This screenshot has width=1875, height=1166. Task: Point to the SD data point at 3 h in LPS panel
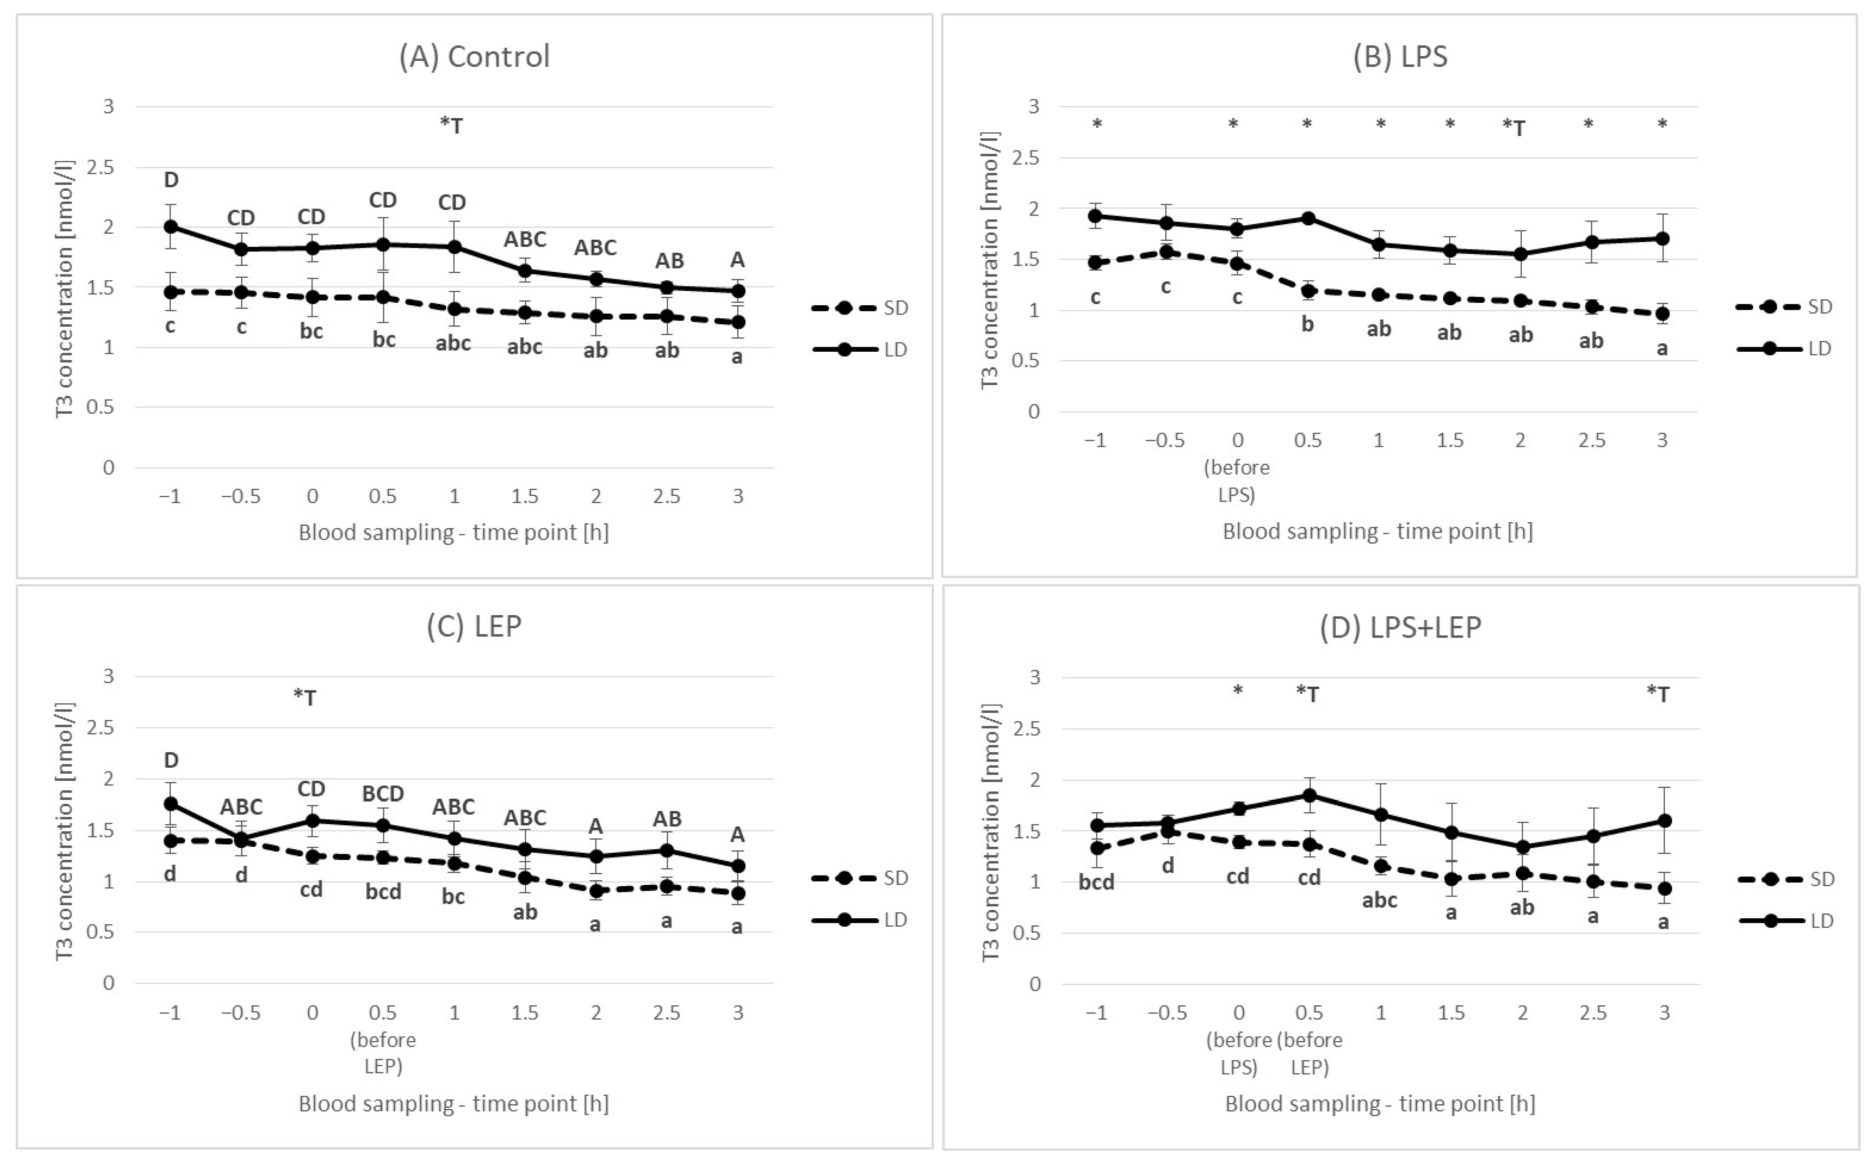(1662, 314)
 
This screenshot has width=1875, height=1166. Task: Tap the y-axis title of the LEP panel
(66, 831)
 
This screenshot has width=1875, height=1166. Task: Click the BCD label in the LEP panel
(383, 794)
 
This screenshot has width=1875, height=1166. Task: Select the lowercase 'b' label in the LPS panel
(1307, 324)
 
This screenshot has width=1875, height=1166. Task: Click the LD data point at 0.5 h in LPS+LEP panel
(1309, 795)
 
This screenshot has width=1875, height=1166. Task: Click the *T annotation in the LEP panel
(305, 697)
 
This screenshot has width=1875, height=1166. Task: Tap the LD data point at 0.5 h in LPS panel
(1307, 218)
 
